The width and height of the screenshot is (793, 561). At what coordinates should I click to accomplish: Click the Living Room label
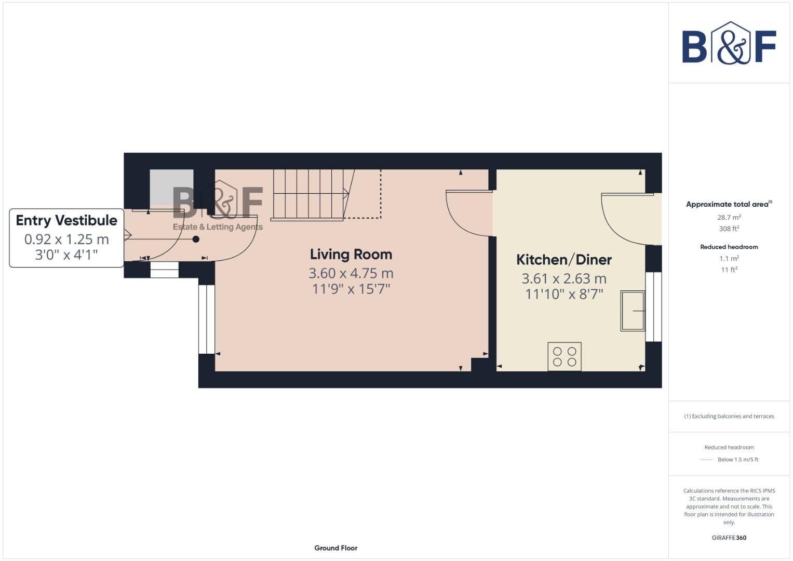pos(351,255)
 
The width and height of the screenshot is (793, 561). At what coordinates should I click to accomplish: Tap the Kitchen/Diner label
pos(563,260)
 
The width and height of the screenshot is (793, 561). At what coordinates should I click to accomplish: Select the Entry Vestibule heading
pos(66,220)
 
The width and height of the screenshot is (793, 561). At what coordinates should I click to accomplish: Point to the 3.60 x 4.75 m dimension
pos(351,273)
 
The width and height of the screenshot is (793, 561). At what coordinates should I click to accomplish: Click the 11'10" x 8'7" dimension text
pos(564,294)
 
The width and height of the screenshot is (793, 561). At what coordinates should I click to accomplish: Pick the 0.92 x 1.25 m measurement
pos(66,239)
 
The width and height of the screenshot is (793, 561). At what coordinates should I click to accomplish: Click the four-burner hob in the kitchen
pos(564,356)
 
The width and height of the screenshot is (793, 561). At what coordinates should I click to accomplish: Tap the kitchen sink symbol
pos(633,311)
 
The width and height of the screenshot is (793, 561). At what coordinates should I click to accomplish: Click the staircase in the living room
pos(309,195)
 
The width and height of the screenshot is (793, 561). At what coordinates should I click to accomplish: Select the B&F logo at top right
pos(729,44)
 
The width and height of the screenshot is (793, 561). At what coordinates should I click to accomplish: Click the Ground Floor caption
pos(335,548)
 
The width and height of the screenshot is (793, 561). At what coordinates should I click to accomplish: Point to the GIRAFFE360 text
pos(729,538)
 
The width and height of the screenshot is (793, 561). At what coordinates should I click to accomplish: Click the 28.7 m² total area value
pos(729,218)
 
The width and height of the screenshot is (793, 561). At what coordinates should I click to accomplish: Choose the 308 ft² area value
pos(729,229)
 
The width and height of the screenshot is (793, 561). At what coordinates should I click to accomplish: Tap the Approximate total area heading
pos(728,204)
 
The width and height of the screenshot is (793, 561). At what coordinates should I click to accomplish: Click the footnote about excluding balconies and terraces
pos(729,416)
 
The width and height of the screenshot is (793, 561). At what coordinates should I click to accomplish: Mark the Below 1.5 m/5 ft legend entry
pos(737,460)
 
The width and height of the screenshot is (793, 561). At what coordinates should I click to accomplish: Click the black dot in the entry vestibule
pos(196,239)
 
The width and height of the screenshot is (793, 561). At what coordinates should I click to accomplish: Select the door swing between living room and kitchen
pos(467,213)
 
